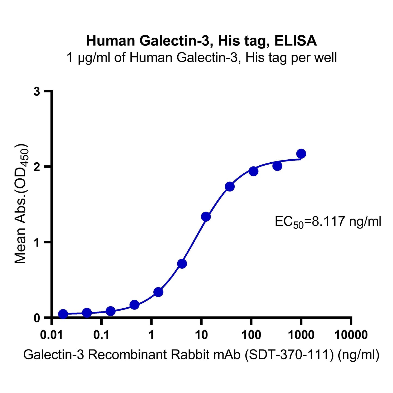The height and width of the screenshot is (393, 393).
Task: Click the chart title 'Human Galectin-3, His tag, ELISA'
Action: point(201,41)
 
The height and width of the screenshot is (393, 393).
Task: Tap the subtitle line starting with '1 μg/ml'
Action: point(202,58)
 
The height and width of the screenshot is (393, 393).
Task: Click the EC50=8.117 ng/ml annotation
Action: point(328,222)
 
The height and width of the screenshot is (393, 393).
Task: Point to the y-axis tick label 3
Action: point(37,92)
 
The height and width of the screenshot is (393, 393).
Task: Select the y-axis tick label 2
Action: point(37,167)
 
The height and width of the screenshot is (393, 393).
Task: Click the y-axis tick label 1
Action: point(37,242)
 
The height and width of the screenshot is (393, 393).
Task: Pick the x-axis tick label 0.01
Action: point(51,335)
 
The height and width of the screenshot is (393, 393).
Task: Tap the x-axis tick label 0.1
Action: point(101,335)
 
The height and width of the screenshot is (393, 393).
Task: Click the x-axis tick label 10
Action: point(201,335)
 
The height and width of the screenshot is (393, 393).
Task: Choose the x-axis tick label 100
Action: point(251,335)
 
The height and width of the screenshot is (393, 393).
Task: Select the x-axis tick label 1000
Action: point(301,335)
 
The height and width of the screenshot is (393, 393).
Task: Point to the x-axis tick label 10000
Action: point(351,335)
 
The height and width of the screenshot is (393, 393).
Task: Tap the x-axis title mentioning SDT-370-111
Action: point(201,355)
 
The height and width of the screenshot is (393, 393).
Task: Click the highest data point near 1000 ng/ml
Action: point(301,154)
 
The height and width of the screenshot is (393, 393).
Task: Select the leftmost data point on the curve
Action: point(63,314)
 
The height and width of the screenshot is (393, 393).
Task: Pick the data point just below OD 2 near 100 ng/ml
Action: point(253,171)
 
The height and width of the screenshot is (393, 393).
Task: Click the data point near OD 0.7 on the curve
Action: point(182,264)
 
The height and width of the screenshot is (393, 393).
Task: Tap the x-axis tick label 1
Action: point(151,335)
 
